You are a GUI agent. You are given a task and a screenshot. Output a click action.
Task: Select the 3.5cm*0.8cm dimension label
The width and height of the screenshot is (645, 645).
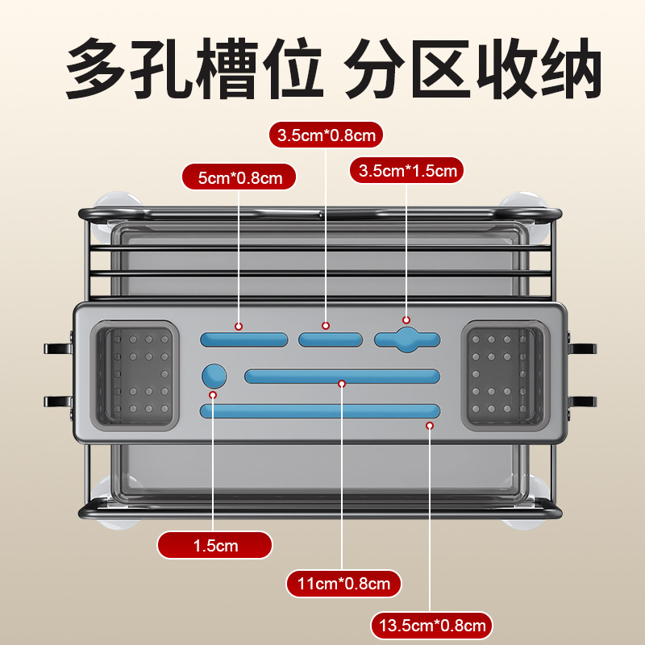coord(326,135)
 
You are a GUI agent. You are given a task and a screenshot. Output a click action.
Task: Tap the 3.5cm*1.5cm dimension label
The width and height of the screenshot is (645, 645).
coord(407,171)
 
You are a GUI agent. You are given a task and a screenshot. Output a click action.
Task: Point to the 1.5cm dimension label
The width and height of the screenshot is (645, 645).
coord(214,545)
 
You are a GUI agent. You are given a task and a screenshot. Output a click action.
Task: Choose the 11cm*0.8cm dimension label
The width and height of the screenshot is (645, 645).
coord(343,583)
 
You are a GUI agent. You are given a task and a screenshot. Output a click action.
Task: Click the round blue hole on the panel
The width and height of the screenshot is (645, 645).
coord(214,376)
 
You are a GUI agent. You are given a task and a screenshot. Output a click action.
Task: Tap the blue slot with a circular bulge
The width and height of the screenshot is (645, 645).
coord(407,339)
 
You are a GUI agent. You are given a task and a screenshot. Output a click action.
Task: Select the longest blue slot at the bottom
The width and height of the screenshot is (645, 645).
coord(320,410)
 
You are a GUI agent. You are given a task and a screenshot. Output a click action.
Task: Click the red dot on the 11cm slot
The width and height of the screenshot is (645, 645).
coord(342,384)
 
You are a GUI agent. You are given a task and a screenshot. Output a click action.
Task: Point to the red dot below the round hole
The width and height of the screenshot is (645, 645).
coord(214,395)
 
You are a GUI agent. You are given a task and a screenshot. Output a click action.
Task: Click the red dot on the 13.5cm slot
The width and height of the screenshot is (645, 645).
coord(430,425)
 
